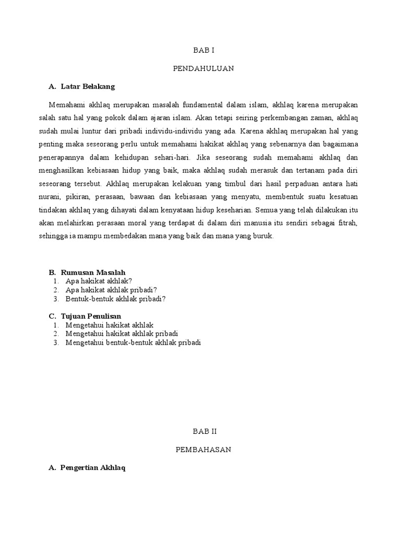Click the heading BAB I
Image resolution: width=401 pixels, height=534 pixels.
click(203, 51)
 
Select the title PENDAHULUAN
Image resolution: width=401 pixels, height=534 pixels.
click(203, 68)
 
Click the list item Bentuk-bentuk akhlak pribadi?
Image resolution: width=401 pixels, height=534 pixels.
click(115, 299)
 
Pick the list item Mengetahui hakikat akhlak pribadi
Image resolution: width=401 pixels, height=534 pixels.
click(122, 333)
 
